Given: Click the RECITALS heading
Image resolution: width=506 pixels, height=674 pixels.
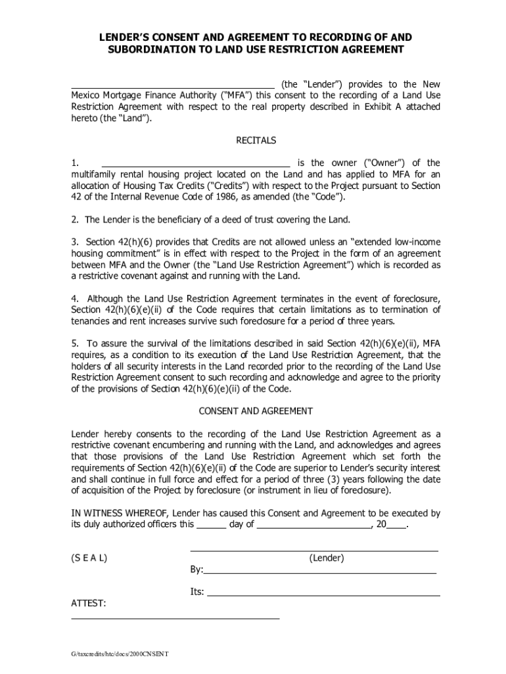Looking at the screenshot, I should click(256, 140).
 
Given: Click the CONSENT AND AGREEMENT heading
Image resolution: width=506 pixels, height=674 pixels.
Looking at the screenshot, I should click(256, 411).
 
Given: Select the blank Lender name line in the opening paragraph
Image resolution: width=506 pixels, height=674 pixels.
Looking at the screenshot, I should click(173, 86).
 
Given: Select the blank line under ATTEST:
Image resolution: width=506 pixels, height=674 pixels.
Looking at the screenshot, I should click(175, 617).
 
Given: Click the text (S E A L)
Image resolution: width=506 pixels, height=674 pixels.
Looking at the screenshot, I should click(89, 557).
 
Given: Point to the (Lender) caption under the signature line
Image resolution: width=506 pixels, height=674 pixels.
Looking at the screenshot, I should click(327, 557).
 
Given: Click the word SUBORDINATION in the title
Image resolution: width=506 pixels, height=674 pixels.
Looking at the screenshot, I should click(152, 49).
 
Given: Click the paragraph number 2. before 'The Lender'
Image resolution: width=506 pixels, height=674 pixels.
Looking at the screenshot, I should click(76, 219).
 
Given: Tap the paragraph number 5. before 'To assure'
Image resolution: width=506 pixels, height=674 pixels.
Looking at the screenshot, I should click(76, 344).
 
